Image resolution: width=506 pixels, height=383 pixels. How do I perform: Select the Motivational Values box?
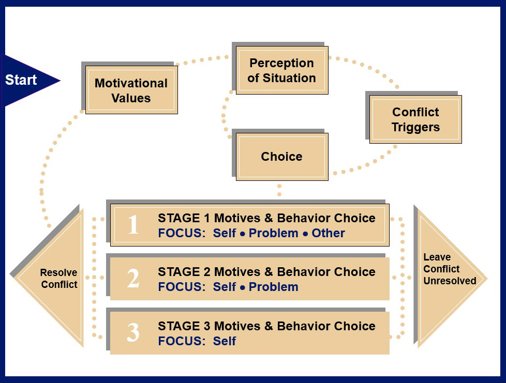tap(131, 90)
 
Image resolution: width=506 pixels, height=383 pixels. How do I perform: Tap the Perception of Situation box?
tap(281, 71)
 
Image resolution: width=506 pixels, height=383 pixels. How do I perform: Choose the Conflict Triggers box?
tap(415, 120)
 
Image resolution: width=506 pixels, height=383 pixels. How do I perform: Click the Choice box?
tap(281, 157)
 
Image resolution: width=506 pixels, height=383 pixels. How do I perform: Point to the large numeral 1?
tap(133, 225)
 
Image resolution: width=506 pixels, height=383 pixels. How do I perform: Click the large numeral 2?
tap(133, 279)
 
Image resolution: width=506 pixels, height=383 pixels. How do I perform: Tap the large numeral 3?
tap(133, 333)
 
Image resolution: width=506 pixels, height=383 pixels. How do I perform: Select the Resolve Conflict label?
tap(59, 279)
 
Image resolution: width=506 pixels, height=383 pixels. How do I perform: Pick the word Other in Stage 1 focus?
tap(328, 233)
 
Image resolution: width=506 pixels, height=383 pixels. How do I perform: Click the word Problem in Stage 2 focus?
tap(273, 287)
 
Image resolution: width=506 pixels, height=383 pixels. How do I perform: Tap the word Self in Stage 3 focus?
tap(225, 341)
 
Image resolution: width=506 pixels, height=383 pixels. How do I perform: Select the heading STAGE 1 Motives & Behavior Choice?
tap(266, 218)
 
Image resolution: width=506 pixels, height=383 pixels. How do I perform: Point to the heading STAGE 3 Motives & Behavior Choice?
tap(266, 326)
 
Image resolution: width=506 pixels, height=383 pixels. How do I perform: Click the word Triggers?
tap(415, 127)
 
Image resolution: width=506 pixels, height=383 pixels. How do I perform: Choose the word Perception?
tap(281, 63)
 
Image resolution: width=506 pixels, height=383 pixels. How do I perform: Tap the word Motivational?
tap(131, 83)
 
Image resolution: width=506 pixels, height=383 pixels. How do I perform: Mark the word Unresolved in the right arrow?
tap(450, 281)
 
